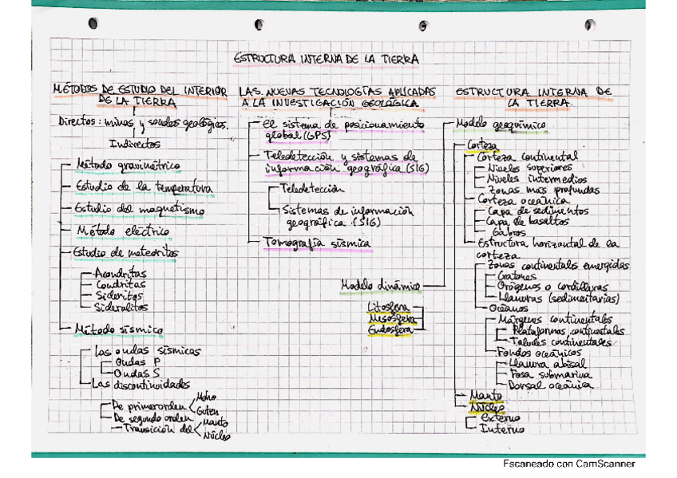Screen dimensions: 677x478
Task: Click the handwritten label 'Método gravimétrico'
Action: pyautogui.click(x=128, y=166)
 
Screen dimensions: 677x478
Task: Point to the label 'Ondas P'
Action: pyautogui.click(x=137, y=361)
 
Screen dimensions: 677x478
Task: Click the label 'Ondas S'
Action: pyautogui.click(x=137, y=372)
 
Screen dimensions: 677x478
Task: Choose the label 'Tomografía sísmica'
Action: pyautogui.click(x=316, y=243)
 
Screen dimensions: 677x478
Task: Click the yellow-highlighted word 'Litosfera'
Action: pyautogui.click(x=387, y=306)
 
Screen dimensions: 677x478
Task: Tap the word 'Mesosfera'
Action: pyautogui.click(x=390, y=317)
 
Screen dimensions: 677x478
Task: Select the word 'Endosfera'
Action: pyautogui.click(x=390, y=328)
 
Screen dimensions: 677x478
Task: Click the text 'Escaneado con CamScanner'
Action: pyautogui.click(x=568, y=464)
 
